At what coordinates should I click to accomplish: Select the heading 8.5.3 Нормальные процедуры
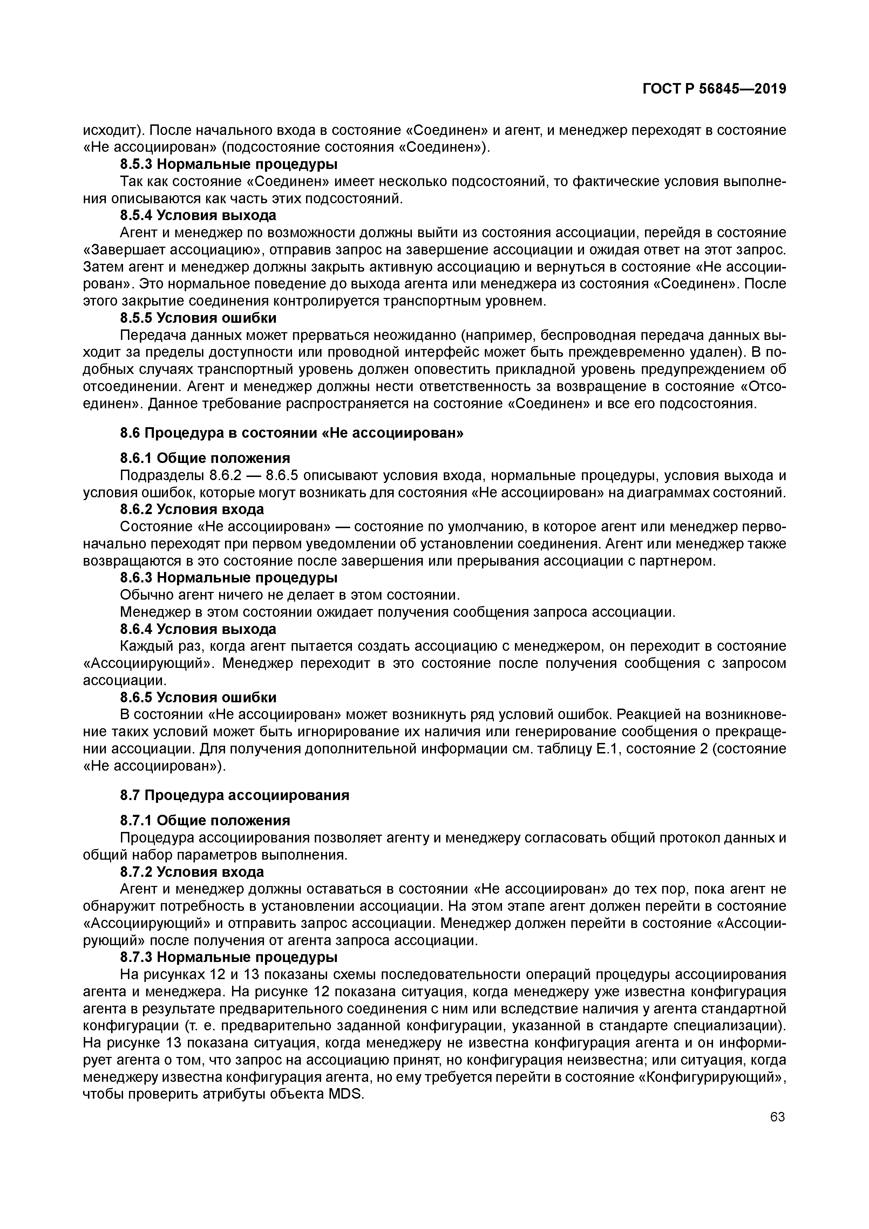[x=229, y=164]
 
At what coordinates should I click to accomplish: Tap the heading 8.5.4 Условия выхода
[x=198, y=215]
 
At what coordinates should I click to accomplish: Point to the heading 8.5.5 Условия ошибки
[x=198, y=318]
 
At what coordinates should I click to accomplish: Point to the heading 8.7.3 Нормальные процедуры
[x=229, y=941]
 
